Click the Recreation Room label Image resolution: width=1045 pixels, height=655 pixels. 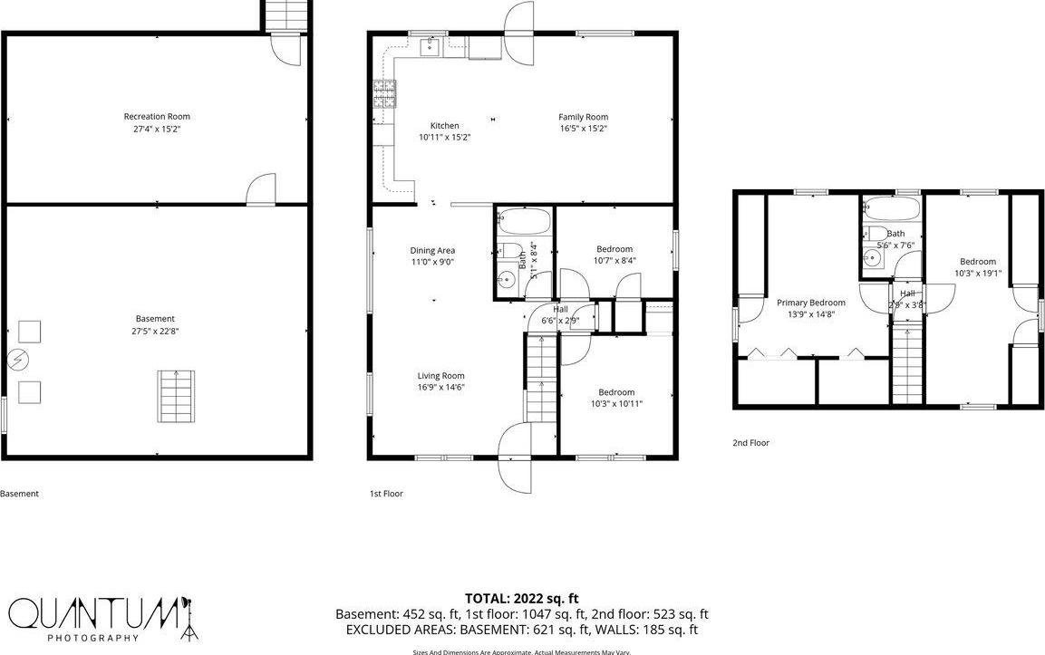click(157, 116)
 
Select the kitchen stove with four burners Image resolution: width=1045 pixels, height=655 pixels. click(384, 94)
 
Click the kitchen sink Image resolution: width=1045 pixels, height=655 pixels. click(431, 47)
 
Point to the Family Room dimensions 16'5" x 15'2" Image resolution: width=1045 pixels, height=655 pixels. click(583, 129)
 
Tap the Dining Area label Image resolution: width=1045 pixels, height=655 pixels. click(432, 250)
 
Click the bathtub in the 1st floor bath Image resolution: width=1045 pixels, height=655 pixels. click(523, 223)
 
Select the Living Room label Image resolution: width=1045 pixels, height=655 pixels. click(440, 376)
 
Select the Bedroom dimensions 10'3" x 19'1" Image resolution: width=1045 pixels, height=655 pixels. click(977, 273)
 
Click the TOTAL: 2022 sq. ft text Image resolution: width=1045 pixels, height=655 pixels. click(521, 598)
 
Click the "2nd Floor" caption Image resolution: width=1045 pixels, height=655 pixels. click(750, 443)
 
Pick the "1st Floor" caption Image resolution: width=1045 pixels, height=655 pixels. click(385, 494)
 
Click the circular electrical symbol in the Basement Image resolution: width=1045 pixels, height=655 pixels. click(15, 360)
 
